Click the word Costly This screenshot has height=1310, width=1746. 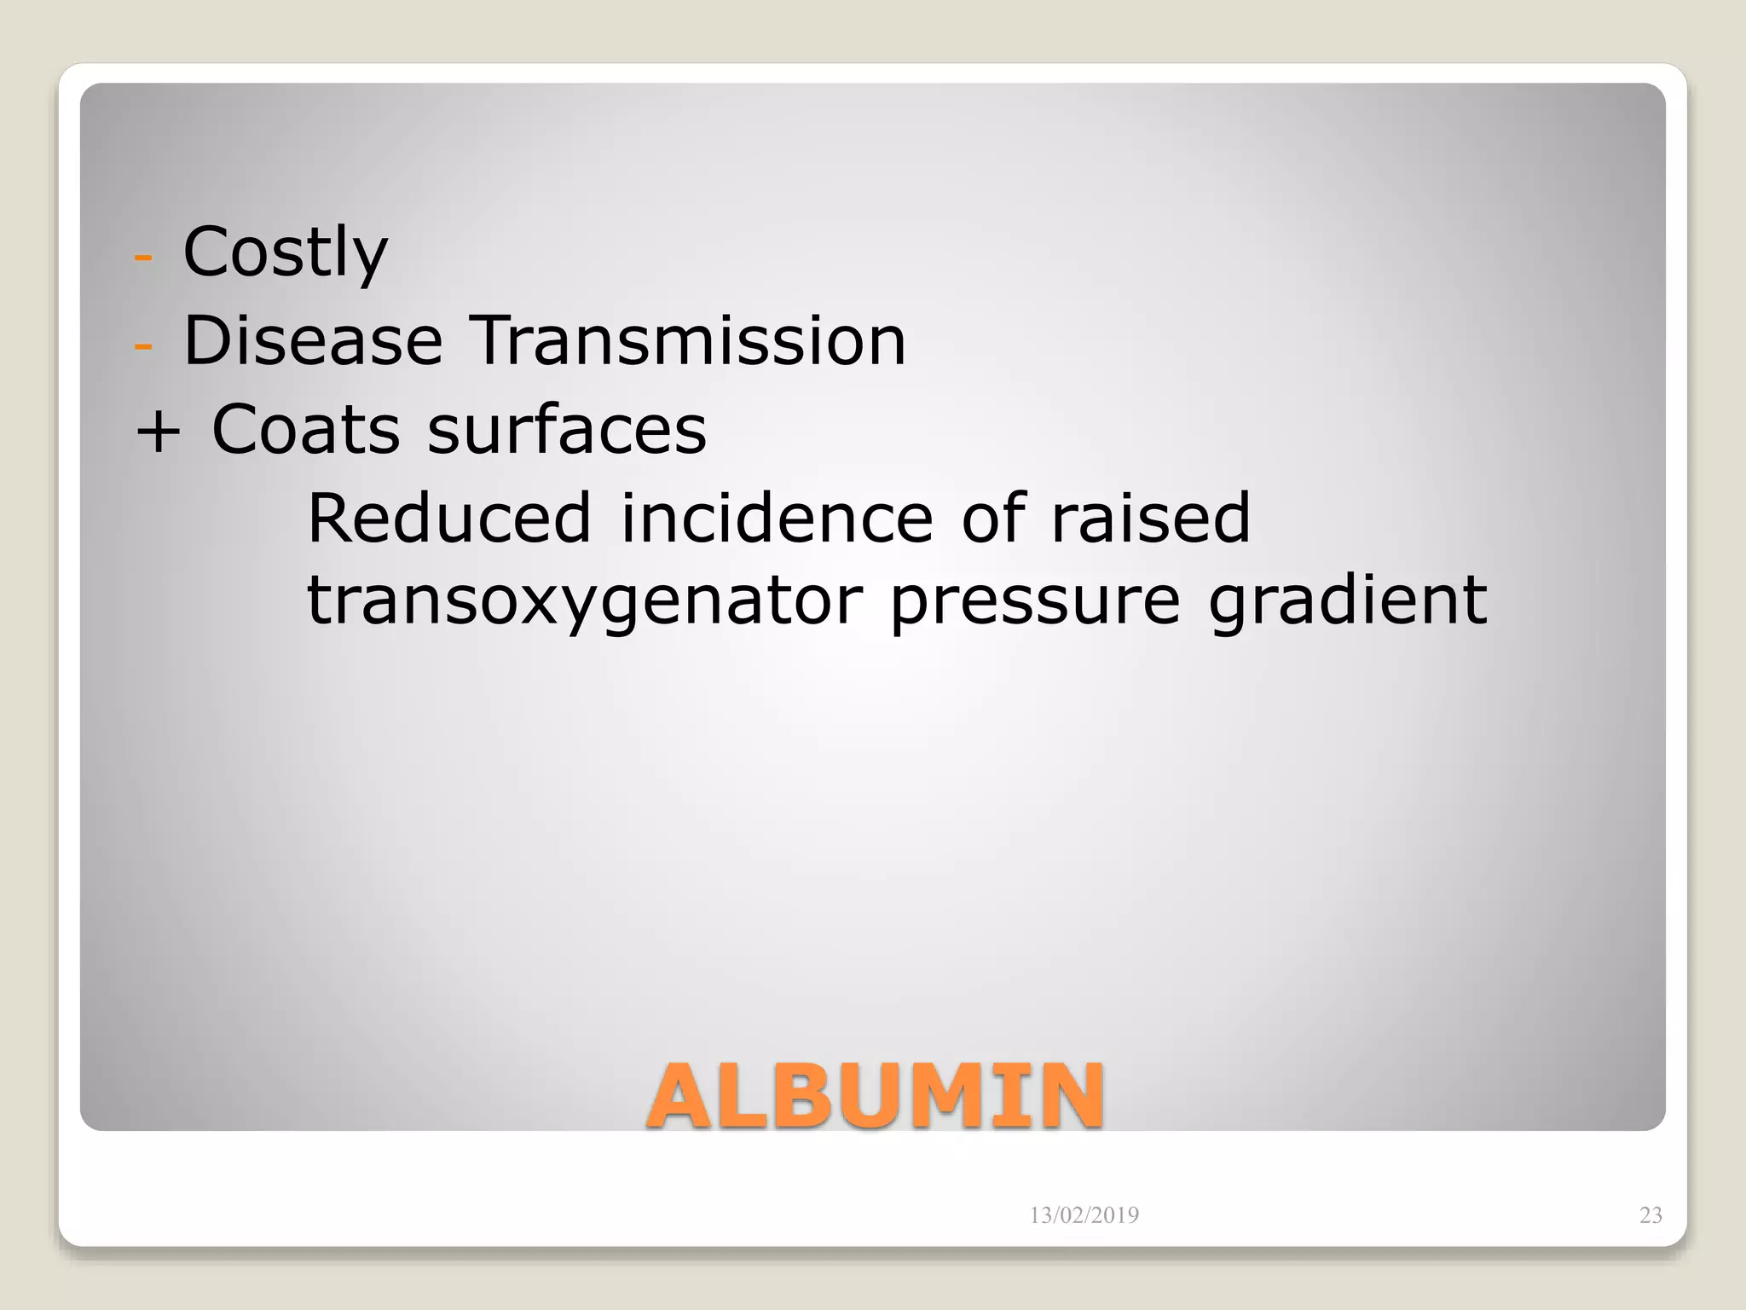point(285,252)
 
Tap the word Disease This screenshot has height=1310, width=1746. point(313,340)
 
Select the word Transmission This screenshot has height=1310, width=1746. point(688,340)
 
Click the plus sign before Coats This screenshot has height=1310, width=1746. point(159,430)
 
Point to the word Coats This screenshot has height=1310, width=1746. point(305,429)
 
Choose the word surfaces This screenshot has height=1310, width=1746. point(567,429)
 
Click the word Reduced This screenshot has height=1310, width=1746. point(448,518)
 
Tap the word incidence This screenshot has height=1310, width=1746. point(777,518)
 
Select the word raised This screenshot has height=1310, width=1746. point(1150,518)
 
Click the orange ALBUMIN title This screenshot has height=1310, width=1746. point(876,1096)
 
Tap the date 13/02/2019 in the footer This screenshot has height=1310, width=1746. point(1084,1215)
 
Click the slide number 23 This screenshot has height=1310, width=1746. point(1651,1215)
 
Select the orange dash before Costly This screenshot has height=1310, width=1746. point(143,257)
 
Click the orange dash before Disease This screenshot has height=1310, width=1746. point(143,345)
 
